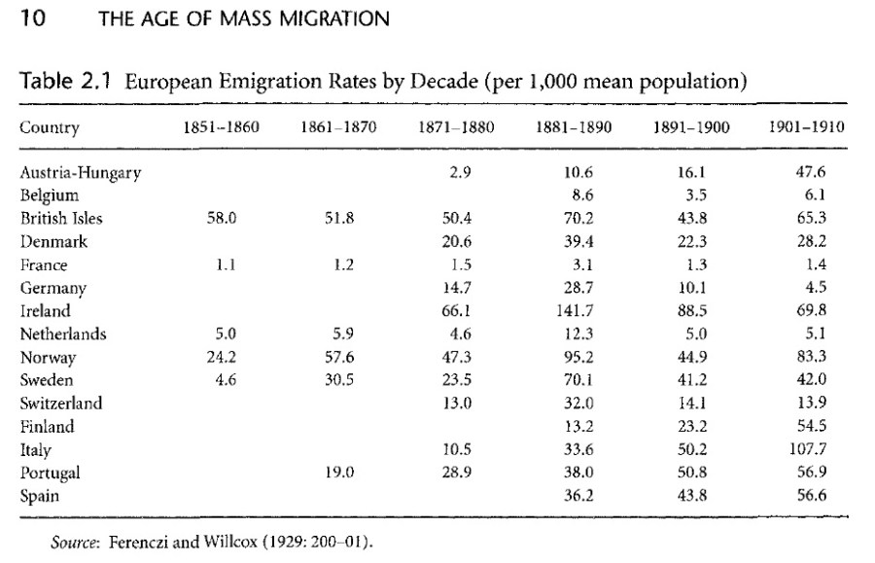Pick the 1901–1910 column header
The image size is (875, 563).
click(806, 127)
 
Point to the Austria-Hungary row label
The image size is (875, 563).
click(81, 173)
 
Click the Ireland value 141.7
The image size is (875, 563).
click(572, 311)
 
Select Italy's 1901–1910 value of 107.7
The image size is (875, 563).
click(806, 450)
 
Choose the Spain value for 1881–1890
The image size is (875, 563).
click(572, 496)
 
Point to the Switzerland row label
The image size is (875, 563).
click(61, 404)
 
